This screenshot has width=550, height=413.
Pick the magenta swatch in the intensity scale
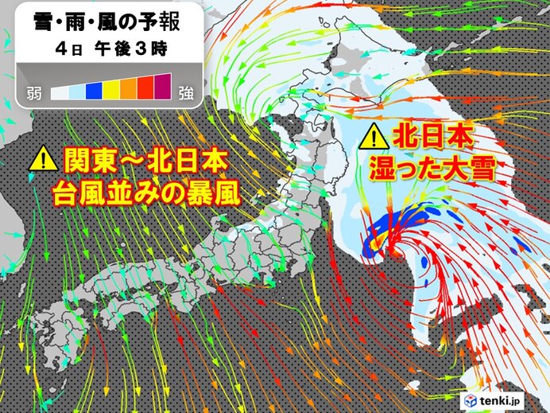(x=163, y=88)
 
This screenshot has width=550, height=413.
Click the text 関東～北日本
(x=142, y=162)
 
